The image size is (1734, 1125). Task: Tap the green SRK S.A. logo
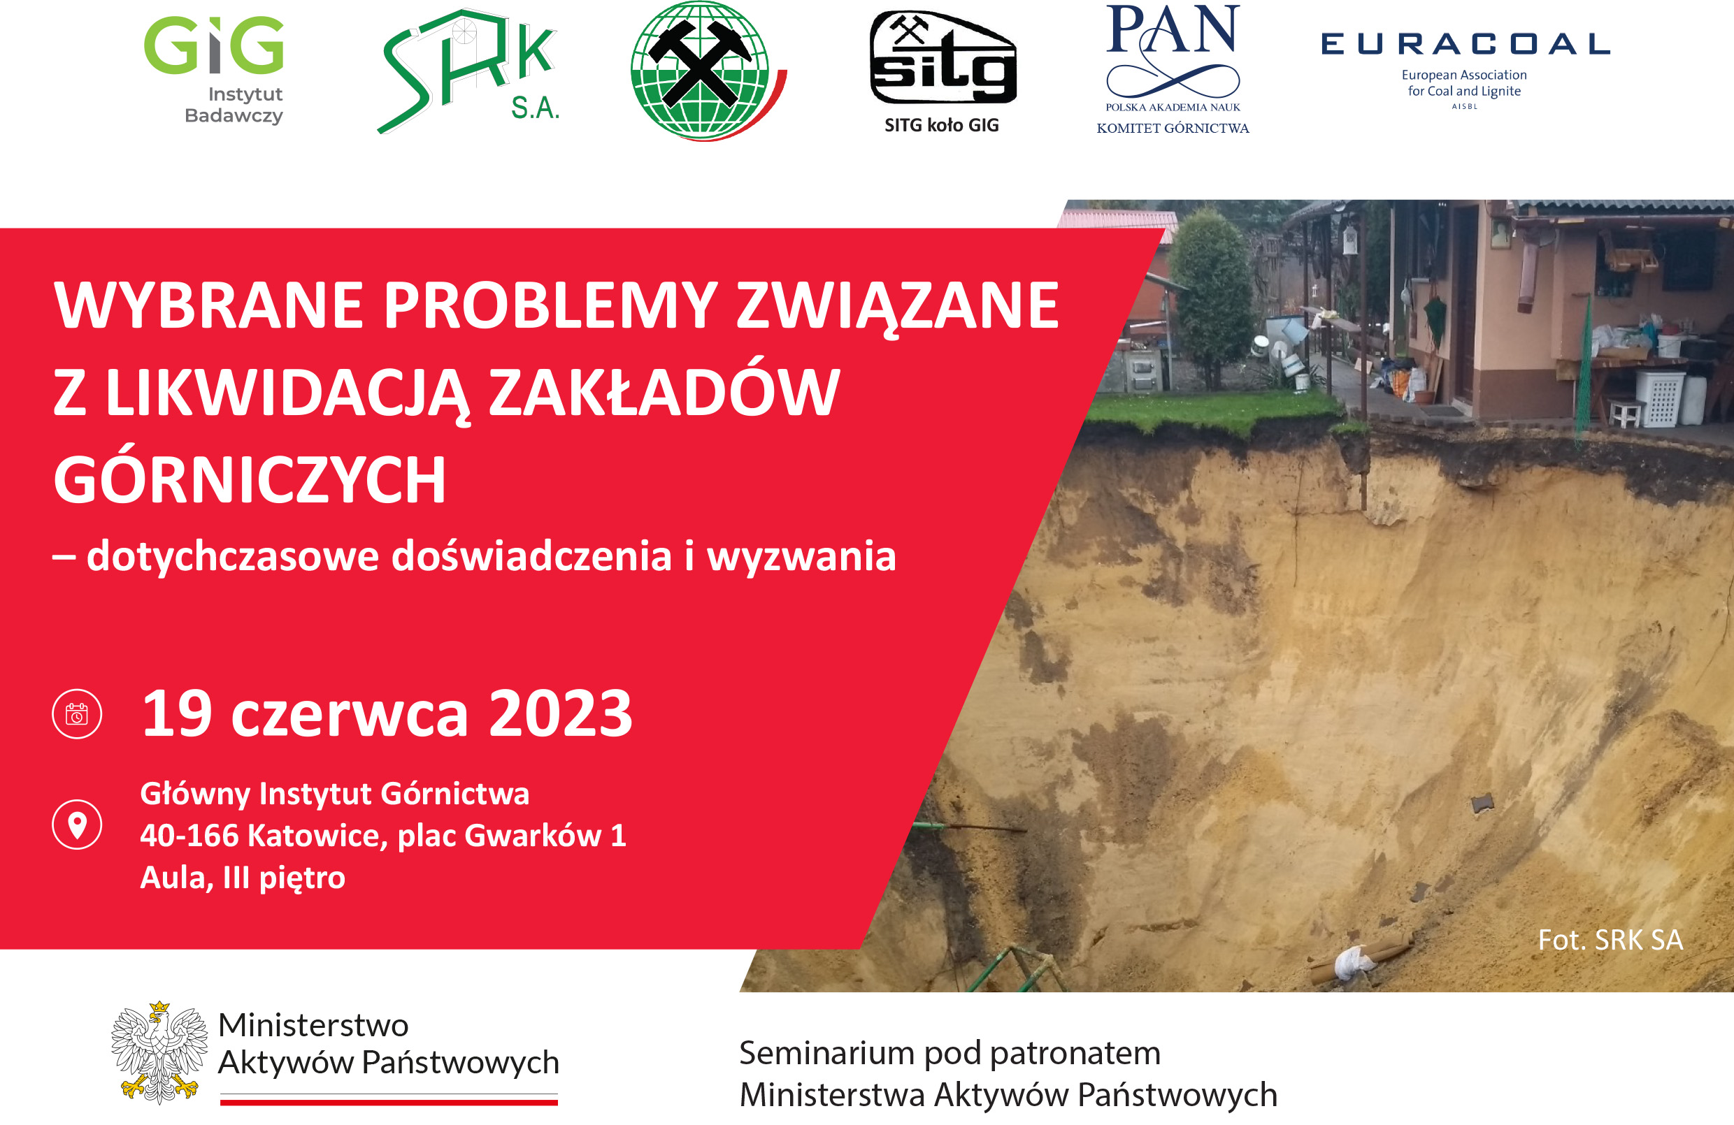click(468, 71)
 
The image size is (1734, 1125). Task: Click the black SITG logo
click(943, 57)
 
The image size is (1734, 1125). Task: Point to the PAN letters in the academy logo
click(1173, 29)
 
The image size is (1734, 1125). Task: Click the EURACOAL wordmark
click(1465, 45)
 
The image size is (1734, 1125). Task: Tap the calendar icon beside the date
click(77, 713)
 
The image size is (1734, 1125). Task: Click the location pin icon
click(77, 825)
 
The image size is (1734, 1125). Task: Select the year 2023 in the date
click(560, 713)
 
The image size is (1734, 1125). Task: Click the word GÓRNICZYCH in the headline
click(249, 480)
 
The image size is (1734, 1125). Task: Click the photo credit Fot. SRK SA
click(1610, 940)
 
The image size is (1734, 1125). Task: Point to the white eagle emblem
click(159, 1052)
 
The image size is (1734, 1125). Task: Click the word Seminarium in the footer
click(827, 1053)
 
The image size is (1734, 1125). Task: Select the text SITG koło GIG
click(941, 125)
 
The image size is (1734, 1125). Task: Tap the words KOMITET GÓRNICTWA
click(1173, 128)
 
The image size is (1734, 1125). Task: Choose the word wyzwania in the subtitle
click(801, 556)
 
